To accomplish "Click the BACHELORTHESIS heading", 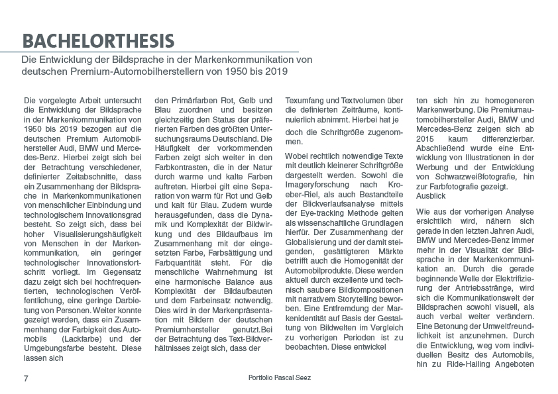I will pos(98,40).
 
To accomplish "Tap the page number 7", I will pos(25,377).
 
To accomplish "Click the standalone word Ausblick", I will pos(431,197).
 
